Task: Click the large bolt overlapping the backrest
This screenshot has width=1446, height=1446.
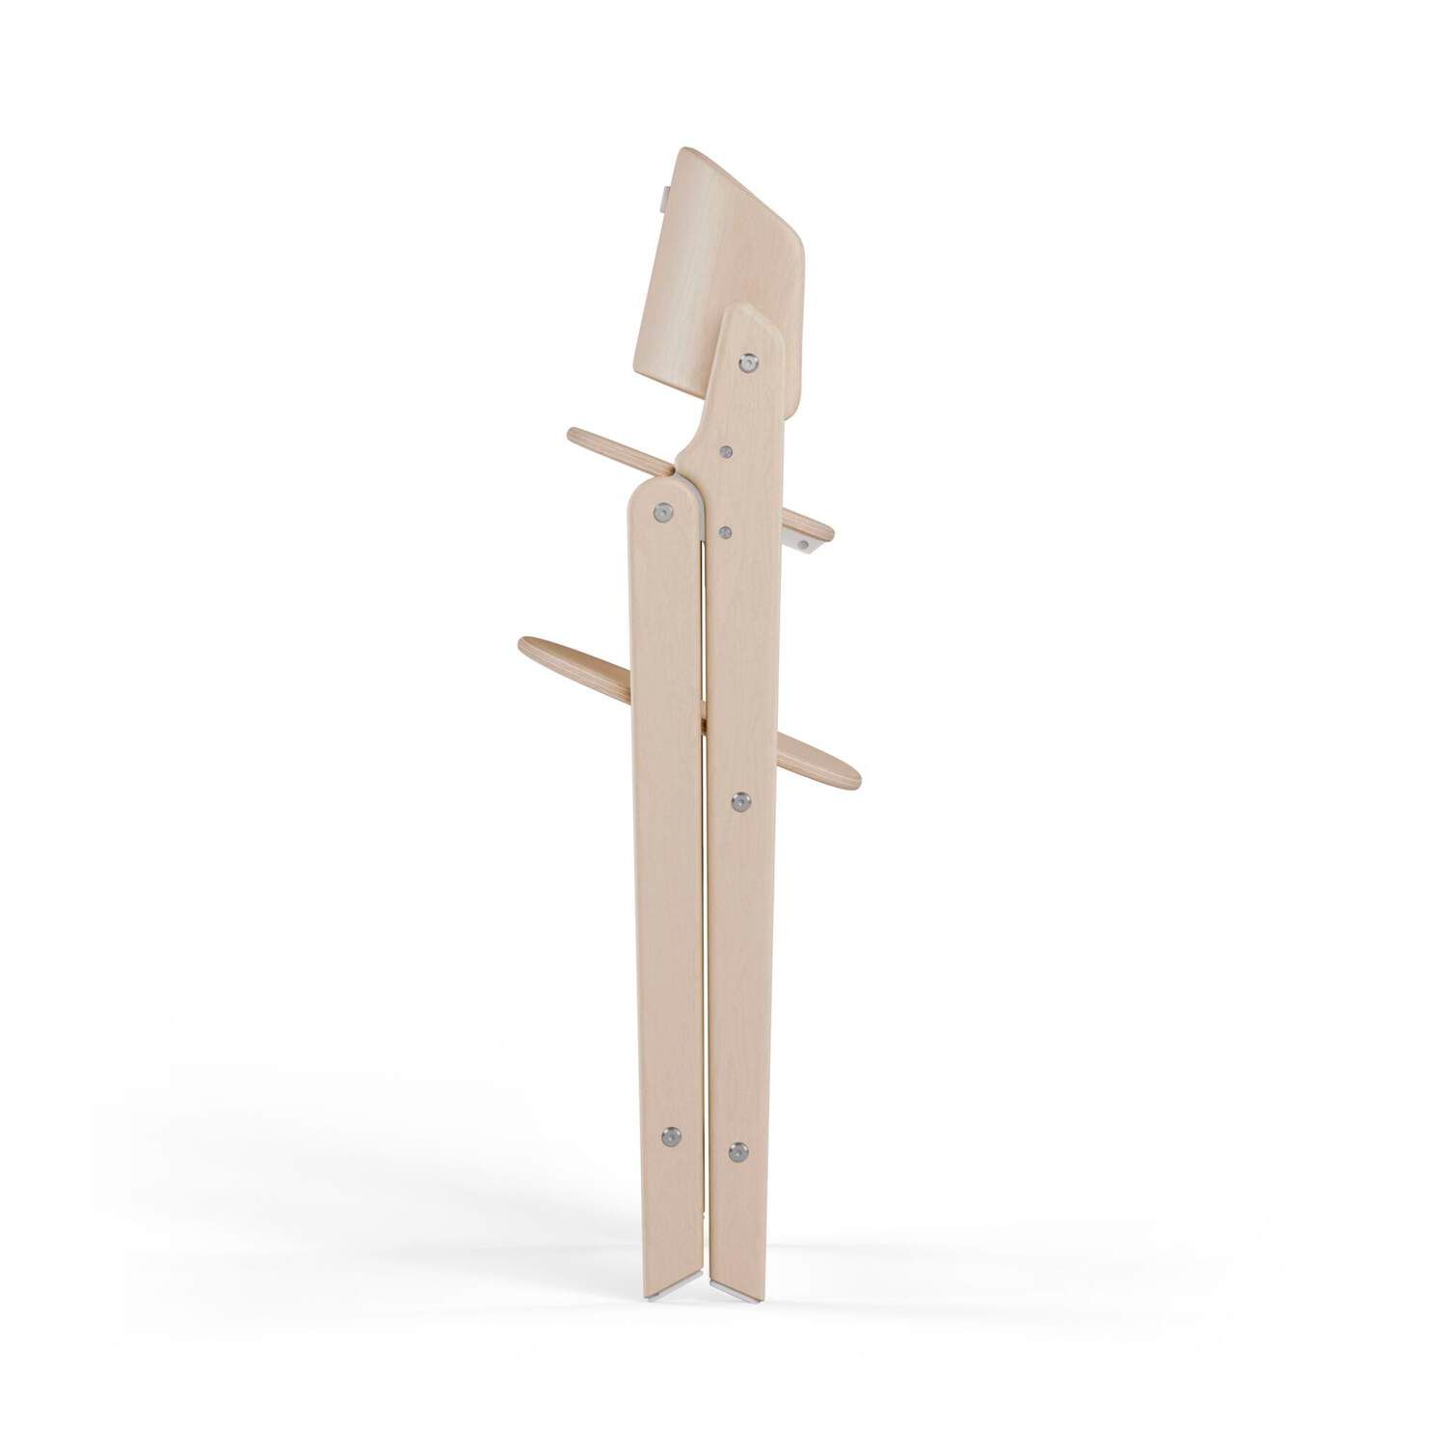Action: pyautogui.click(x=748, y=361)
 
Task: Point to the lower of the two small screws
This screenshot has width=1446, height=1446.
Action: pyautogui.click(x=727, y=531)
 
